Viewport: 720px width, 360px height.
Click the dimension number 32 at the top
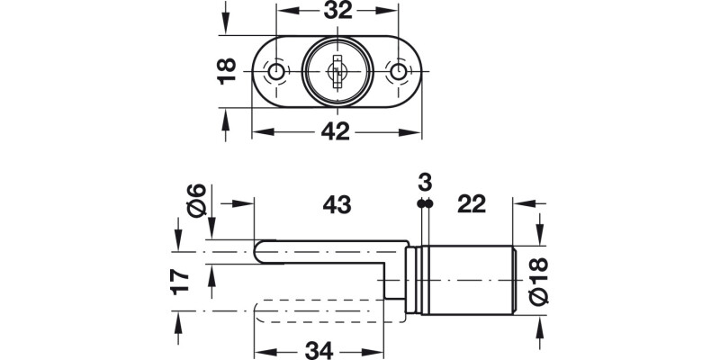(x=336, y=13)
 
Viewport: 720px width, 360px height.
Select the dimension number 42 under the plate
(x=336, y=132)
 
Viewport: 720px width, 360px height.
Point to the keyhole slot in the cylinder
(x=337, y=70)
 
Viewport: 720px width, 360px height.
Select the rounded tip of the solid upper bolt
(x=260, y=252)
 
